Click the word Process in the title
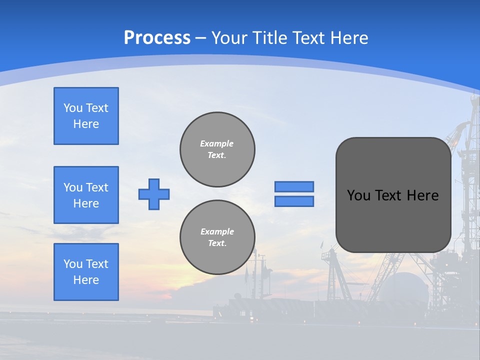click(157, 38)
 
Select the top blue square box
click(86, 116)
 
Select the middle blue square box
click(86, 195)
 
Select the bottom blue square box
click(86, 272)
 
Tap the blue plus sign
click(154, 194)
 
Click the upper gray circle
click(217, 149)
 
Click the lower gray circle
click(217, 237)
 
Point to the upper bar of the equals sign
click(294, 186)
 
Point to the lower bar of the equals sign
click(294, 201)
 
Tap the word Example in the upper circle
click(216, 143)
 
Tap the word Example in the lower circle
click(217, 231)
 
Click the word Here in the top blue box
click(86, 124)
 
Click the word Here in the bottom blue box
click(86, 280)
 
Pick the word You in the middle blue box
click(72, 187)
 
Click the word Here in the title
click(348, 38)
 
